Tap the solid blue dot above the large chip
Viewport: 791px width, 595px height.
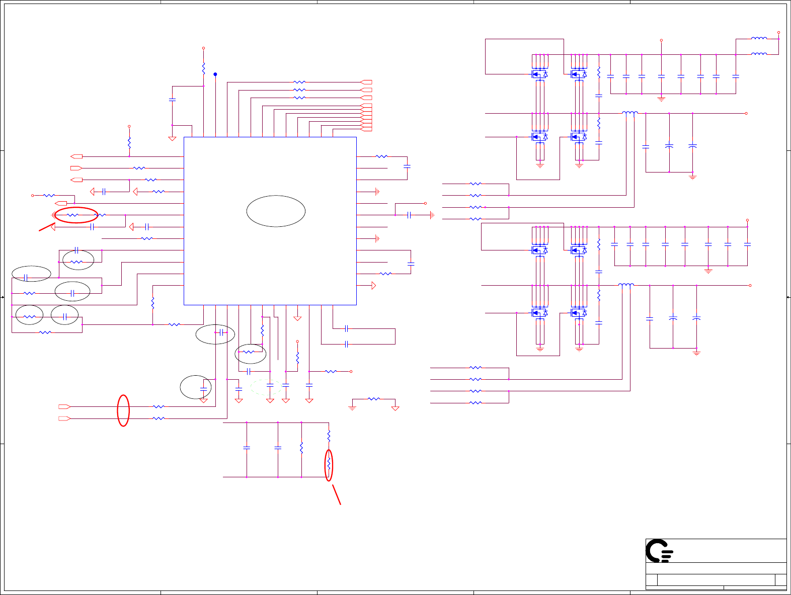pyautogui.click(x=215, y=74)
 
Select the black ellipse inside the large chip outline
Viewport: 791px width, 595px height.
pyautogui.click(x=276, y=211)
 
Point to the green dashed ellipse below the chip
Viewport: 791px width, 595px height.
pyautogui.click(x=266, y=387)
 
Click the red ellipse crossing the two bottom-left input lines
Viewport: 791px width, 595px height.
pyautogui.click(x=123, y=410)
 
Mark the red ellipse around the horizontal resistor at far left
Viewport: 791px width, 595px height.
pyautogui.click(x=76, y=215)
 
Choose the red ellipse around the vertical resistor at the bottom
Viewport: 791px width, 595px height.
pyautogui.click(x=329, y=466)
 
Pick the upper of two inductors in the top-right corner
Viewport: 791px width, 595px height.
pyautogui.click(x=759, y=38)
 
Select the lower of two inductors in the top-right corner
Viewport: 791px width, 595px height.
pyautogui.click(x=759, y=54)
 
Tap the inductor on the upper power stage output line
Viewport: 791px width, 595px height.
pyautogui.click(x=630, y=113)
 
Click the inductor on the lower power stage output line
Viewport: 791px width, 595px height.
pyautogui.click(x=626, y=285)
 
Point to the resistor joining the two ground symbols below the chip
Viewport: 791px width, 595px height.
pyautogui.click(x=374, y=399)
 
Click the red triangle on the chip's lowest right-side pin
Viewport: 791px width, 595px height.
pyautogui.click(x=373, y=286)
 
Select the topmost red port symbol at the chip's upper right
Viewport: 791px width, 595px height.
pyautogui.click(x=367, y=82)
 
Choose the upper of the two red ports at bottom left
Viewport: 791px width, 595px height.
pyautogui.click(x=64, y=406)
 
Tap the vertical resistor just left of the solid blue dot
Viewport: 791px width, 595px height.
pyautogui.click(x=203, y=68)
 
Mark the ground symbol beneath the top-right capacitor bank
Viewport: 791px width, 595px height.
pyautogui.click(x=662, y=99)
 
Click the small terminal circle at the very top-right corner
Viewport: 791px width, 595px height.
pyautogui.click(x=778, y=32)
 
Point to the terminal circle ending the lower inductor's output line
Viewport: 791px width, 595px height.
pyautogui.click(x=750, y=286)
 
